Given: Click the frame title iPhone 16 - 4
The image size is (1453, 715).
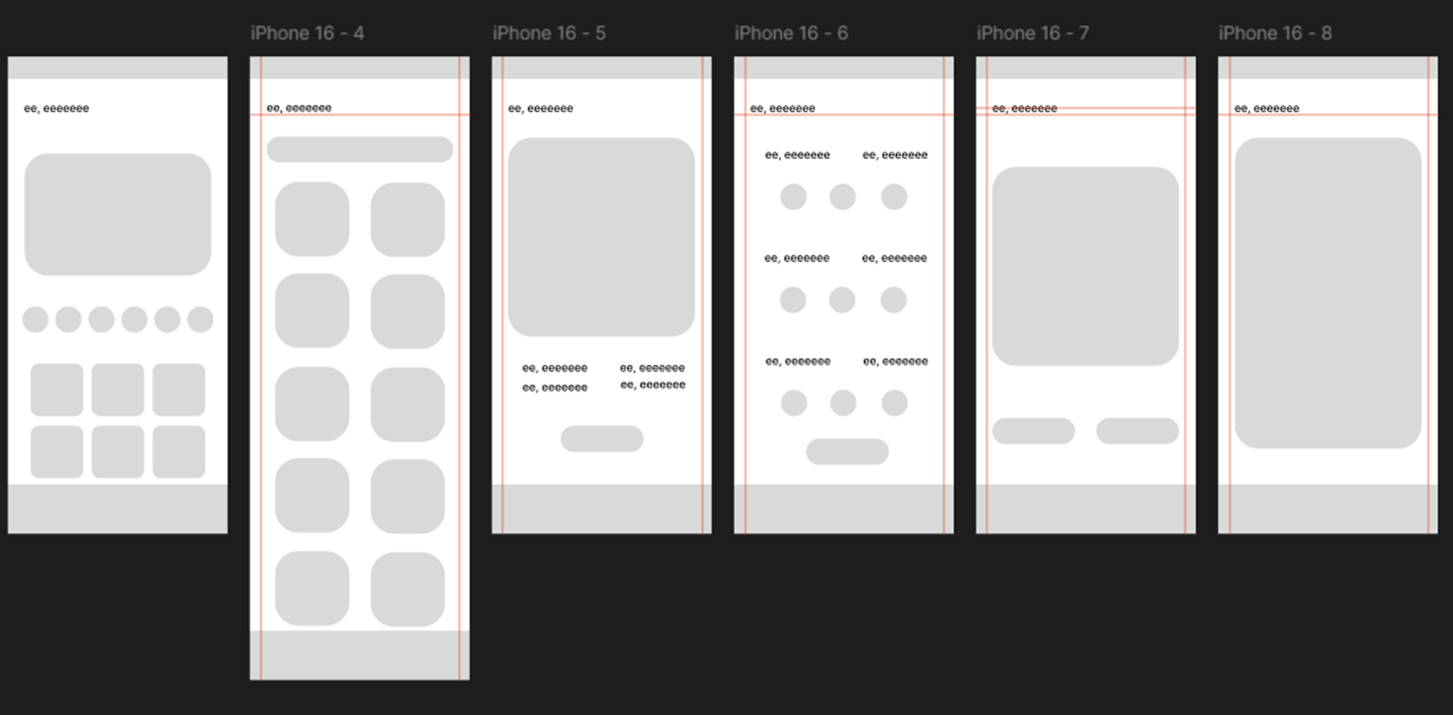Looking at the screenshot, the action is click(307, 33).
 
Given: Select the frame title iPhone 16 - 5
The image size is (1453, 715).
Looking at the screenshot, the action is click(549, 33).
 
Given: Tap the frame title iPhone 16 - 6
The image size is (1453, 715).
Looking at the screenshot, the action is click(791, 33).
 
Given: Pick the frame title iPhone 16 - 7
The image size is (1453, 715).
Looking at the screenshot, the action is click(1033, 33).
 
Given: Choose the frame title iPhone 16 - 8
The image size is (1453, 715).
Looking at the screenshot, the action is click(1275, 33).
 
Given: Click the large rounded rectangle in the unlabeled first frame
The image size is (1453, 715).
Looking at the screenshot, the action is click(117, 214).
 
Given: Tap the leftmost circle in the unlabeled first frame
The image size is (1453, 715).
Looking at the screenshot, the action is click(35, 320).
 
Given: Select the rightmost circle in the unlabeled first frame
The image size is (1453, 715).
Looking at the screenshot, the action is click(200, 320).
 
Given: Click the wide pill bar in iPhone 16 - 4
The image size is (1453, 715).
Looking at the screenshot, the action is click(359, 149).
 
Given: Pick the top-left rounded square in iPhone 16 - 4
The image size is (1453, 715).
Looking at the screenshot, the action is click(312, 219).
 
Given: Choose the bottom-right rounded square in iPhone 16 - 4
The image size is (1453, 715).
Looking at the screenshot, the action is click(408, 589).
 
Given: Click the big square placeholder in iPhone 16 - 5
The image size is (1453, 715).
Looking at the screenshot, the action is click(602, 237).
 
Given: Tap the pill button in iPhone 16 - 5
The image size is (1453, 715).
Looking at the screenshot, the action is click(602, 439).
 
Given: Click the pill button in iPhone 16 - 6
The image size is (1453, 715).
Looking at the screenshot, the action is click(847, 452).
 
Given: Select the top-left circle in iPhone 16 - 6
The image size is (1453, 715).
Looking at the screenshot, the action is click(793, 197).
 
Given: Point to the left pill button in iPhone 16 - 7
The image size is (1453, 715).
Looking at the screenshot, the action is click(1034, 431).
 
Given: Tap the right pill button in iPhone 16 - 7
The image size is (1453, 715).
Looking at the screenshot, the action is click(1137, 431).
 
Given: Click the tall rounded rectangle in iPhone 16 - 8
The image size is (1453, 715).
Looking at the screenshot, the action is click(1328, 293).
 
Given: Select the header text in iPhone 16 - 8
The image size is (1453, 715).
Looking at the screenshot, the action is click(1267, 108).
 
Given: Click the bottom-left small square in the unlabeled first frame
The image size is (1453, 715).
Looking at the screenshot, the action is click(57, 452).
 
